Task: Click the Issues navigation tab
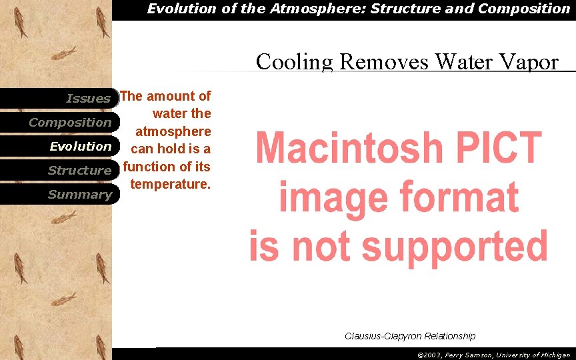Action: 88,99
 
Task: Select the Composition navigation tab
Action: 70,123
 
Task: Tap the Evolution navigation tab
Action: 81,147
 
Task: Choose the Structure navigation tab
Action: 79,171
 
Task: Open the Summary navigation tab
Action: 80,195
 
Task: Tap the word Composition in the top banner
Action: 522,9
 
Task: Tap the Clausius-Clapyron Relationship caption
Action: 410,336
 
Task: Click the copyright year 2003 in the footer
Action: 434,355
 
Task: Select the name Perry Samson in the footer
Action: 471,355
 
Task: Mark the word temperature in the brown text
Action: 171,184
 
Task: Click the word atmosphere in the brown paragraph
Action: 173,131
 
